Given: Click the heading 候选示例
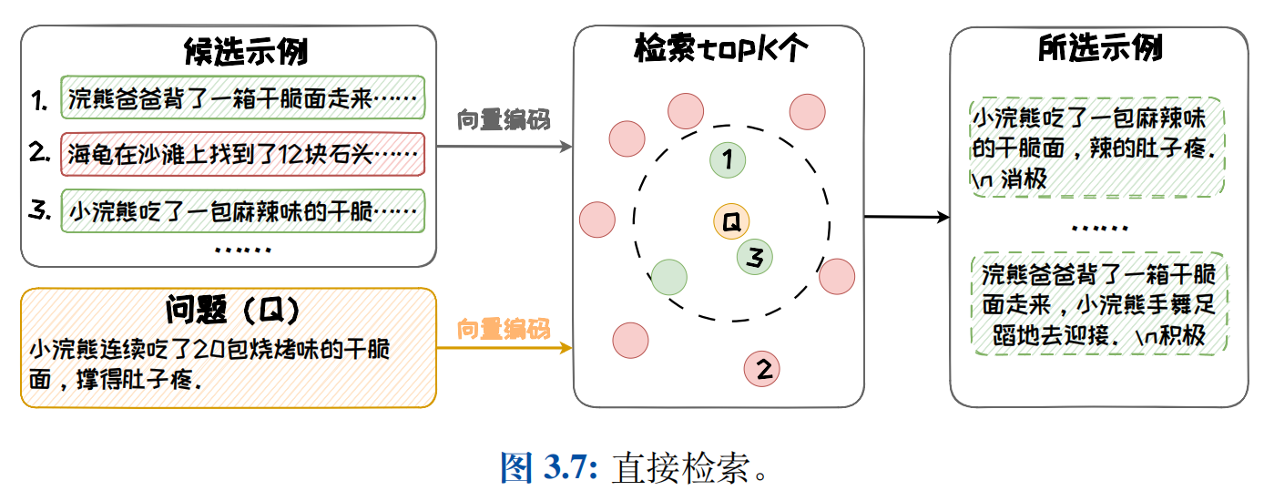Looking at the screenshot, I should point(245,50).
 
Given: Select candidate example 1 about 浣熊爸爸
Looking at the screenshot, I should point(243,97).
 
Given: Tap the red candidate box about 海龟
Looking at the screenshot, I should point(243,154).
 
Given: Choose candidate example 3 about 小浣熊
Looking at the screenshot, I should point(243,211).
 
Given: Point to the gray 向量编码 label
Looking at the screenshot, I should point(504,119).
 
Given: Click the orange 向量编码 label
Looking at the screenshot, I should point(504,328).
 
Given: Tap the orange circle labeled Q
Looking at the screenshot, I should point(730,220).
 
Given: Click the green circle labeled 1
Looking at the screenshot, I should point(728,160).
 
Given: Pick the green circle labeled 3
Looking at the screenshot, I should point(754,258).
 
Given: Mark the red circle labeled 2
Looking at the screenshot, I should point(762,369).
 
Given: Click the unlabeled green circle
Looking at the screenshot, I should point(669,276).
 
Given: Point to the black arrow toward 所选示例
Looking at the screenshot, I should point(906,218).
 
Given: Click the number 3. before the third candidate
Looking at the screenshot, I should point(39,211).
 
